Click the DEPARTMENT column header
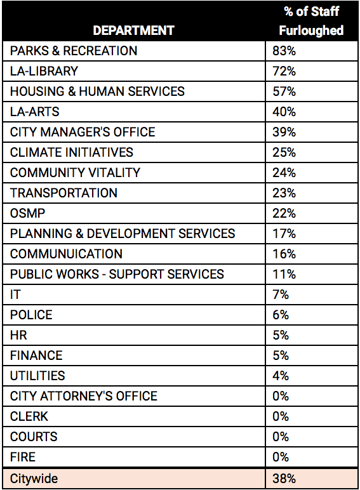[133, 30]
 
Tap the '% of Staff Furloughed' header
[311, 21]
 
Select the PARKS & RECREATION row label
[74, 51]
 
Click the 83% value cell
[284, 51]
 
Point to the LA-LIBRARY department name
[44, 71]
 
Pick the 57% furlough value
[284, 91]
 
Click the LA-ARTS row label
[35, 112]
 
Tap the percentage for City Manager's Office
[284, 132]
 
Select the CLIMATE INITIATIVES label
[72, 152]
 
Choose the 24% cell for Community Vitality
[284, 173]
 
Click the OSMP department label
[27, 213]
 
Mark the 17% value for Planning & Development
[284, 234]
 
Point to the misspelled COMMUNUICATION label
[66, 254]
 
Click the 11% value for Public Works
[284, 274]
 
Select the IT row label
[15, 295]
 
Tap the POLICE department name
[31, 315]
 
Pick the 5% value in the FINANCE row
[281, 355]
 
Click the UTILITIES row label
[37, 376]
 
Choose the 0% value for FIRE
[281, 457]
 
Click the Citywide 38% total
[284, 479]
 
